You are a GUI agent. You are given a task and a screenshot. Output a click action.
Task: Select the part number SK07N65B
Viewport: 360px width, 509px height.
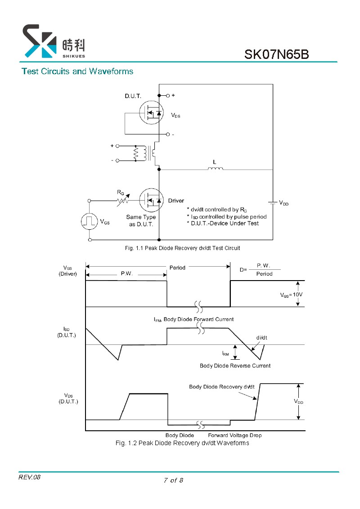click(276, 54)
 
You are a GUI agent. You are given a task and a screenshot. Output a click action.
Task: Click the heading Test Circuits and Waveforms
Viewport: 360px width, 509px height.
click(77, 71)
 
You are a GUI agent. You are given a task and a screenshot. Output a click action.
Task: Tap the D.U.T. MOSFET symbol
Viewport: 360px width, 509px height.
click(151, 112)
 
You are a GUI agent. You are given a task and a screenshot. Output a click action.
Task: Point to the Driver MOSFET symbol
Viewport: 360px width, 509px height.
click(151, 200)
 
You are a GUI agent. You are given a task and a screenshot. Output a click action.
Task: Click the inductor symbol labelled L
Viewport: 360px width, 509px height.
click(216, 168)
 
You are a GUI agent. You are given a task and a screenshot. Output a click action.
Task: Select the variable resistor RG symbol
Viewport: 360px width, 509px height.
click(123, 201)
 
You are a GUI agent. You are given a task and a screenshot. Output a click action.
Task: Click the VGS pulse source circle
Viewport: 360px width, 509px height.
click(90, 221)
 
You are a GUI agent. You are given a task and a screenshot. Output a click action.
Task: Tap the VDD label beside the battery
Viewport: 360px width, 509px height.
click(283, 203)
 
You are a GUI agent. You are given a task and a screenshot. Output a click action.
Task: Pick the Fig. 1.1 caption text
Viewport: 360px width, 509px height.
click(182, 248)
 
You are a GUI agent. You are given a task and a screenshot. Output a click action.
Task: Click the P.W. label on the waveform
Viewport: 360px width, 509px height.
click(127, 273)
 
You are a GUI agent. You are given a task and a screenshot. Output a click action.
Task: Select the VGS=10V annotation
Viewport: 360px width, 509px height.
click(291, 295)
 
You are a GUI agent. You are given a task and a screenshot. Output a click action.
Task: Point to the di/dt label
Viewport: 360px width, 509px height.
click(261, 338)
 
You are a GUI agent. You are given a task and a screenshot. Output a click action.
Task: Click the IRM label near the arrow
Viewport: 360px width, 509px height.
click(225, 353)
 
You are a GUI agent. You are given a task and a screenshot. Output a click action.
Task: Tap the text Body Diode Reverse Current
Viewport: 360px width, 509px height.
click(235, 366)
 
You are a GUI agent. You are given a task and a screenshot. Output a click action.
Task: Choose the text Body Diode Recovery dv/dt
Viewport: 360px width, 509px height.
click(221, 387)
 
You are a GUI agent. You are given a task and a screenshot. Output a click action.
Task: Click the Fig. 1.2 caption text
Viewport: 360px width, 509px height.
click(182, 443)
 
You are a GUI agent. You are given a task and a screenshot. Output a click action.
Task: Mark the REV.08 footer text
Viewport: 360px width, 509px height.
click(29, 477)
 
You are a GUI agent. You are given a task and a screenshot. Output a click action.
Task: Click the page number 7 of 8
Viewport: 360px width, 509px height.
click(174, 480)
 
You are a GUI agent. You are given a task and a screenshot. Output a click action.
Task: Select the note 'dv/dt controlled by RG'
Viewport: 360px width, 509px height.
click(217, 210)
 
